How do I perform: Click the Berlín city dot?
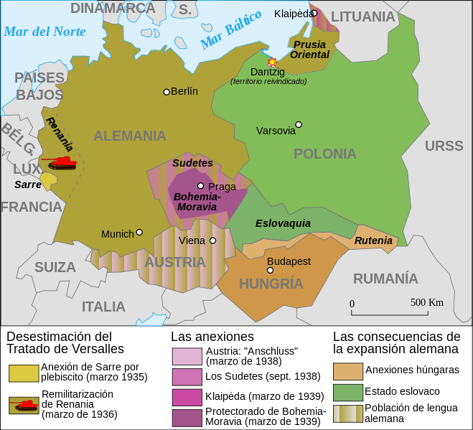click(167, 92)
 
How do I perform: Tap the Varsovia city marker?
click(299, 124)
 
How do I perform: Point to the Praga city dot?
click(201, 186)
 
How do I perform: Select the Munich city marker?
click(139, 232)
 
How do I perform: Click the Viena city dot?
click(212, 240)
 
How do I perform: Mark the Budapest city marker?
click(271, 271)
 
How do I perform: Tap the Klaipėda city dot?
click(314, 13)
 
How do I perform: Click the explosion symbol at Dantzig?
click(272, 62)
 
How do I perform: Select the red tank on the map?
click(60, 162)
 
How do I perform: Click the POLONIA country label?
click(324, 154)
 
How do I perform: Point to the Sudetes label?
click(192, 163)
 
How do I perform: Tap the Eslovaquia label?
click(283, 223)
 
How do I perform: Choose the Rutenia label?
click(373, 240)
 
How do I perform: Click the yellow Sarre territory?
click(48, 181)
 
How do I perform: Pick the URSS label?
click(444, 146)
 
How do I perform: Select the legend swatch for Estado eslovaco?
click(347, 392)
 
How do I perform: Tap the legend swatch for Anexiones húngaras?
click(347, 370)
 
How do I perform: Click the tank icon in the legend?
click(24, 405)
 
